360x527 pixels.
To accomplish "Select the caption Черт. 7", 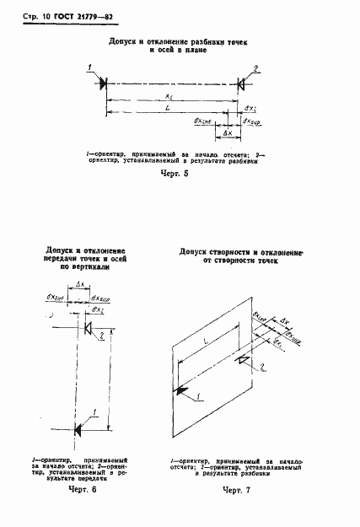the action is point(225,489).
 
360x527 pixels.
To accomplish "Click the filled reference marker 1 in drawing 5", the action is point(103,83).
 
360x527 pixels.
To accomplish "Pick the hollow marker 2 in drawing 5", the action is point(240,83).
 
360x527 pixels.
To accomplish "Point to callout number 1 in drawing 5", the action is point(89,67).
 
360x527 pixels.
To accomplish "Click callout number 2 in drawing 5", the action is point(256,67).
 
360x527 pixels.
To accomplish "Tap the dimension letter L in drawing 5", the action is point(171,110).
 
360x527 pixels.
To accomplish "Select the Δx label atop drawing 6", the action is point(80,287).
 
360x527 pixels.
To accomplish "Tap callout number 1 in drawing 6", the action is point(95,411).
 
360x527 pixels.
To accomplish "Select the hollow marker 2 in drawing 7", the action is point(242,360).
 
